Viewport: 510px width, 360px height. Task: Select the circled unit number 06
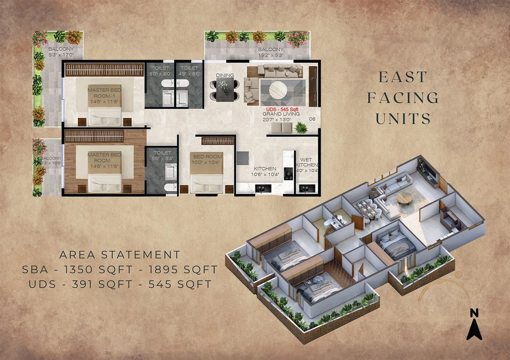click(312, 119)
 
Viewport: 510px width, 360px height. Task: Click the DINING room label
click(225, 75)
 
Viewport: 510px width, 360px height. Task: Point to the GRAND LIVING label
click(281, 117)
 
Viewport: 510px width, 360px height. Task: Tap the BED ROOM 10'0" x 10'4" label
click(207, 159)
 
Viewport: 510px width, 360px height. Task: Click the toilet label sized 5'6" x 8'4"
click(162, 155)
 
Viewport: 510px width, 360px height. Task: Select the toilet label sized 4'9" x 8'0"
click(189, 71)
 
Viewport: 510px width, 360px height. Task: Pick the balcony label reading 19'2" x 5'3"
click(271, 52)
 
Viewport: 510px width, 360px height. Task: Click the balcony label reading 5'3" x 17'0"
click(61, 52)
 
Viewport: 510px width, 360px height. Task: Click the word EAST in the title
click(403, 77)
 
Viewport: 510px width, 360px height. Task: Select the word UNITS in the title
click(403, 119)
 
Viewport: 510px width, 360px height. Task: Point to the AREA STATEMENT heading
click(120, 255)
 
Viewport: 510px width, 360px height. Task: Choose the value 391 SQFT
click(102, 284)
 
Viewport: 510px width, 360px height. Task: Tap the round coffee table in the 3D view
click(404, 199)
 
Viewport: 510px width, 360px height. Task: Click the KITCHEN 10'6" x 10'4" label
click(265, 171)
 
